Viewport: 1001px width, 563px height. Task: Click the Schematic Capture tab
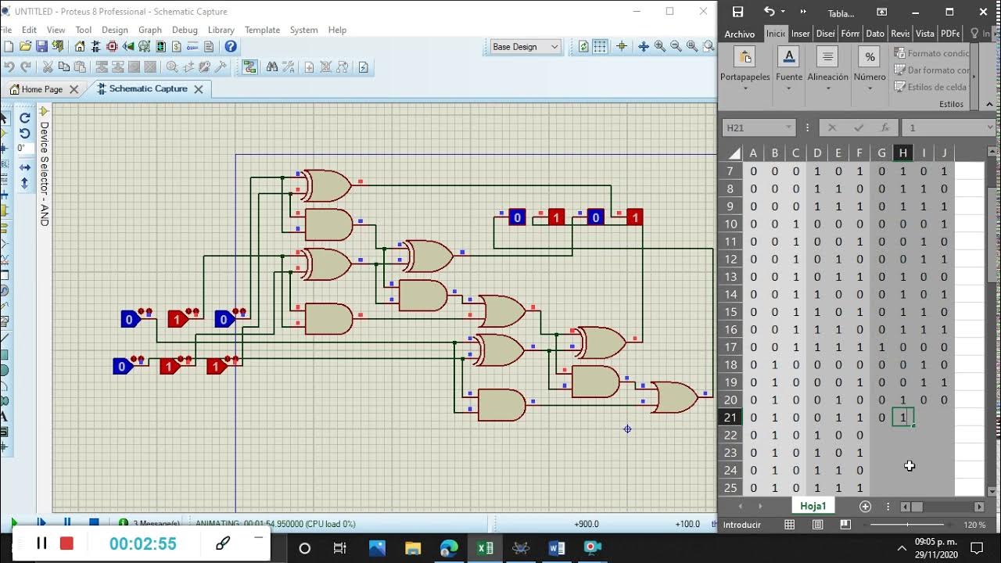(x=148, y=89)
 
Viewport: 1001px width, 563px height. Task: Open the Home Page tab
(x=41, y=89)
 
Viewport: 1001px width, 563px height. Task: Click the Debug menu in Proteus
(x=185, y=30)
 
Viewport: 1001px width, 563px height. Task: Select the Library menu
(x=221, y=30)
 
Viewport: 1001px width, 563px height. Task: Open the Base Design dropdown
(x=526, y=47)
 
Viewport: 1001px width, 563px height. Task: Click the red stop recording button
(x=66, y=543)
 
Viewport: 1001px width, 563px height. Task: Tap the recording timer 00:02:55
(x=142, y=543)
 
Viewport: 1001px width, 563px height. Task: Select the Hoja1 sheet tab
(x=813, y=506)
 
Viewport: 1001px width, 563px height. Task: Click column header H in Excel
(x=902, y=153)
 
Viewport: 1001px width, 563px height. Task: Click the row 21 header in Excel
(x=730, y=418)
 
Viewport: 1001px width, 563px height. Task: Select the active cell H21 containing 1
(x=902, y=418)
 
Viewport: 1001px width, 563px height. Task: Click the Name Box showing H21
(x=757, y=127)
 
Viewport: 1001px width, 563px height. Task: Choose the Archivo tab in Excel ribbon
(x=739, y=34)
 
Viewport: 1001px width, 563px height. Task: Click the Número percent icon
(x=870, y=57)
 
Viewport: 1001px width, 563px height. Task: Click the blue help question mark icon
(x=231, y=47)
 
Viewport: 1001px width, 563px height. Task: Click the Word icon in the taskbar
(x=557, y=548)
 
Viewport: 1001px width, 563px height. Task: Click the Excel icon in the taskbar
(x=485, y=548)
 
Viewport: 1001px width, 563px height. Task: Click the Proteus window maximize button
(x=669, y=11)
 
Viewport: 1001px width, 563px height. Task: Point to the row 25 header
(x=730, y=488)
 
